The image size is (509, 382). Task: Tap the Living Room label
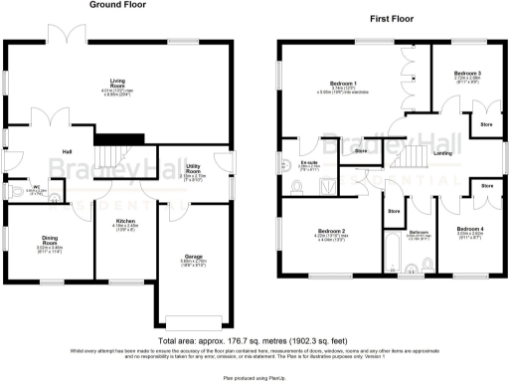point(123,84)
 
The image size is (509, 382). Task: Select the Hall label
point(67,151)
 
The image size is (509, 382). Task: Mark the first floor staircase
point(412,154)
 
